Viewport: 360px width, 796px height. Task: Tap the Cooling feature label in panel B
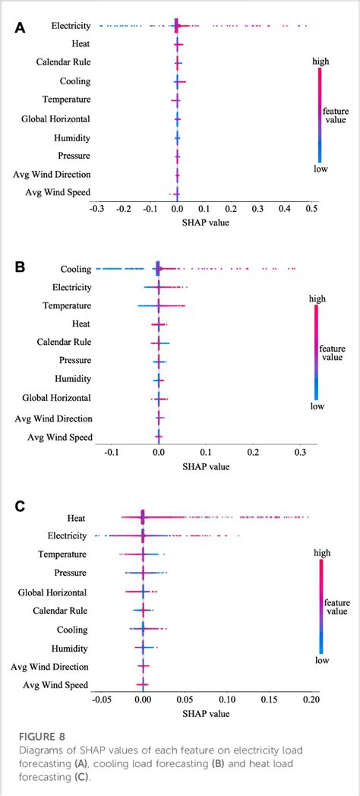point(75,269)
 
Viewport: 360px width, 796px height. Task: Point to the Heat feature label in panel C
point(76,517)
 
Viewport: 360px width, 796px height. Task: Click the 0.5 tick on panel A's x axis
point(311,207)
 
